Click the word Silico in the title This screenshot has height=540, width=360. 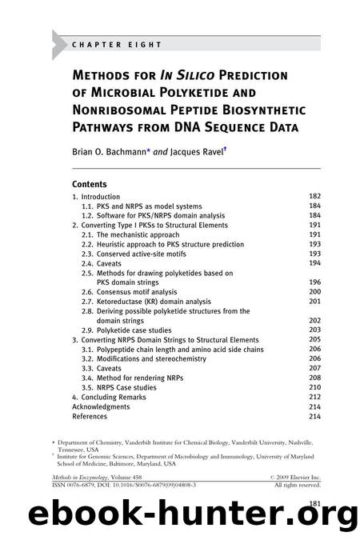(204, 76)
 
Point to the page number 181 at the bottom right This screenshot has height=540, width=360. (314, 503)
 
